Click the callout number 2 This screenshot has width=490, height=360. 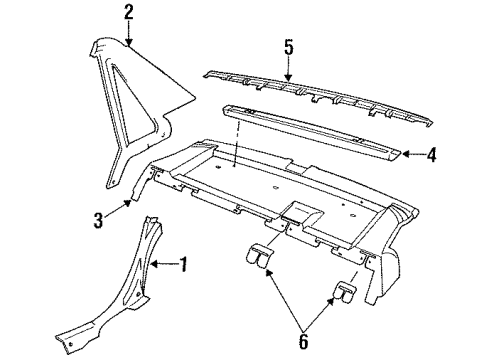128,13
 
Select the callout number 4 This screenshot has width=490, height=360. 432,155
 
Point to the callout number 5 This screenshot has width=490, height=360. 287,47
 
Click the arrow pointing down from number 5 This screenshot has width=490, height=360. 287,66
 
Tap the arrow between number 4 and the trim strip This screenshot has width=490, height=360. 414,154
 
